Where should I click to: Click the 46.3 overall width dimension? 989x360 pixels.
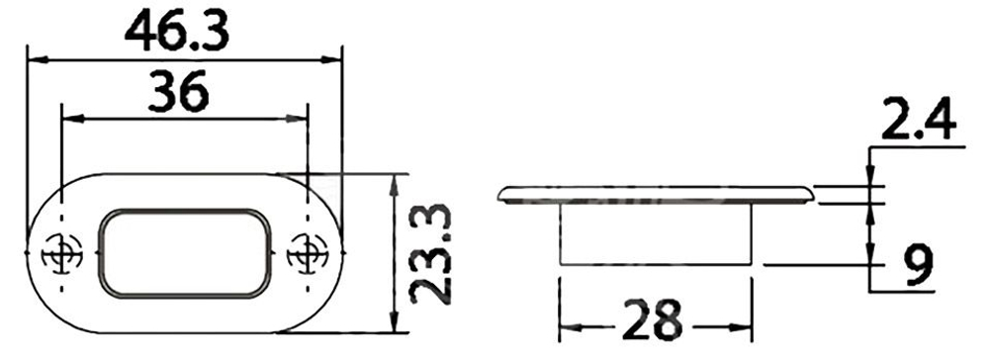pos(177,31)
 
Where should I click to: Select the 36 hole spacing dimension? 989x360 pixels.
pos(178,91)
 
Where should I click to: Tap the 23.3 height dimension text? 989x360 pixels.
pos(431,254)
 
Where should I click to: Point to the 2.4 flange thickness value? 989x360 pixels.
pos(919,119)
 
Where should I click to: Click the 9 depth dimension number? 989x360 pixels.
pos(917,265)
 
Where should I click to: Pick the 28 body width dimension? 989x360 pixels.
pos(652,319)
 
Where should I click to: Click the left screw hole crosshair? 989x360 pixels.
pos(61,253)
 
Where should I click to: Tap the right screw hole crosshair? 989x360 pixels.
pos(308,253)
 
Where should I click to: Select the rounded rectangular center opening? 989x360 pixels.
pos(186,253)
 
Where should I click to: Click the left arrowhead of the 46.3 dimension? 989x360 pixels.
pos(38,60)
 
